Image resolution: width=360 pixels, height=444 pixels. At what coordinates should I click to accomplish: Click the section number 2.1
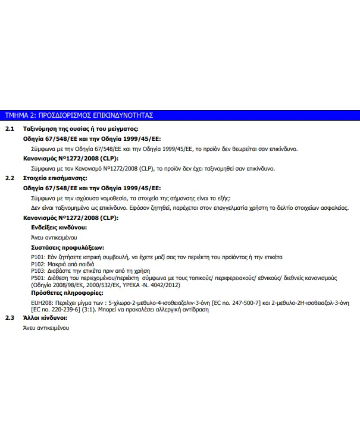[9, 128]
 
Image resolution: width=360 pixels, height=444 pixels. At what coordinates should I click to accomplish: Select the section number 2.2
[9, 178]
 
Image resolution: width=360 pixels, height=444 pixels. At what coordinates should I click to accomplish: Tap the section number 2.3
[9, 318]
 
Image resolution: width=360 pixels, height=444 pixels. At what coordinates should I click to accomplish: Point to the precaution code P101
[37, 257]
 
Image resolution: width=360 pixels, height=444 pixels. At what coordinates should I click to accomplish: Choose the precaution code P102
[37, 263]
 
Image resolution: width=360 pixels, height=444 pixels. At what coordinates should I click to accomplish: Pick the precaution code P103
[37, 270]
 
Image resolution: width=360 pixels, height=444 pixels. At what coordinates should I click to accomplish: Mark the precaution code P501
[37, 278]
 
